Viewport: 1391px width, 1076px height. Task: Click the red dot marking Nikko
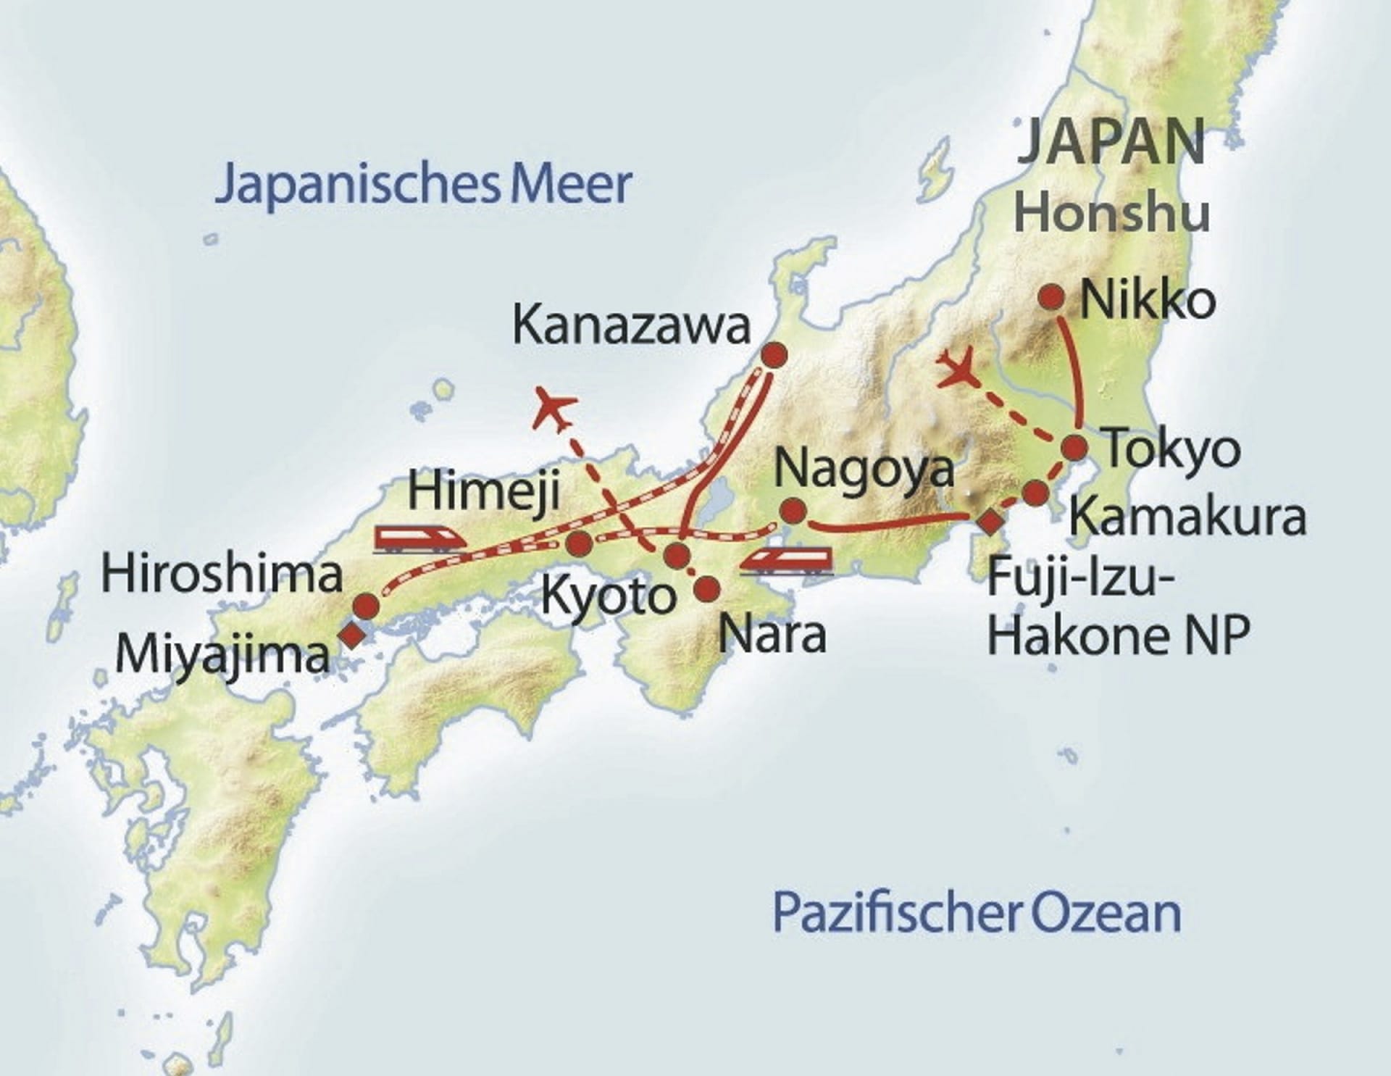point(1051,297)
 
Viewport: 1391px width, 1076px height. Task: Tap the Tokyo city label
point(1171,450)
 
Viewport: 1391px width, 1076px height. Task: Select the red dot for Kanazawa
point(774,354)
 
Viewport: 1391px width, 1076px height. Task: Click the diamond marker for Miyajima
point(352,635)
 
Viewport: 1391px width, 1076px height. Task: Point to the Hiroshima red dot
point(366,606)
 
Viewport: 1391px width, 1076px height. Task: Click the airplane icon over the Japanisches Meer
point(554,409)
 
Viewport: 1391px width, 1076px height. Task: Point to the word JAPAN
point(1111,143)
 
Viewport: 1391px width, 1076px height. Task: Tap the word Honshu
point(1111,213)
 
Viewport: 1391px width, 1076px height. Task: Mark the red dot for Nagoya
point(793,512)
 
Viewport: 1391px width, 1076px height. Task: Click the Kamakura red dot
point(1036,494)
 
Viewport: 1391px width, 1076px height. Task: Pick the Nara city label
point(772,635)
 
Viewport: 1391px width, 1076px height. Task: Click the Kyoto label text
point(609,596)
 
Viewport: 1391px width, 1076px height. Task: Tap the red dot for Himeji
point(579,543)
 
